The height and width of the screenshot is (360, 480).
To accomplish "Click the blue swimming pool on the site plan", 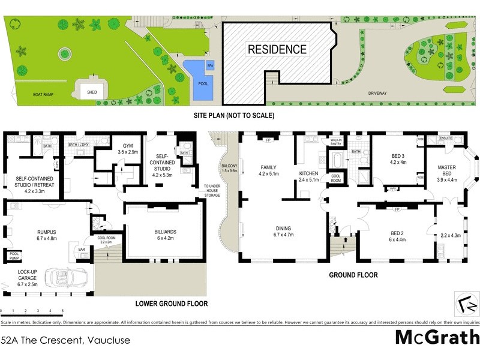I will point(198,79).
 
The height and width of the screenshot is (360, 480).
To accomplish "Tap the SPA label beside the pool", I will point(209,65).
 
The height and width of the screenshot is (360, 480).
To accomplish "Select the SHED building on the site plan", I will point(92,92).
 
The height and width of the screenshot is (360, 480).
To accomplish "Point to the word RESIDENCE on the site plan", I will point(277,50).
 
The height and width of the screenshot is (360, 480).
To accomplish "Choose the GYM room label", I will point(128,146).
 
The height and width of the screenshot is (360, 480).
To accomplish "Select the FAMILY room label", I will point(266,167).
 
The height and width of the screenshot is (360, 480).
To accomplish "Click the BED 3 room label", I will point(398,155).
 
